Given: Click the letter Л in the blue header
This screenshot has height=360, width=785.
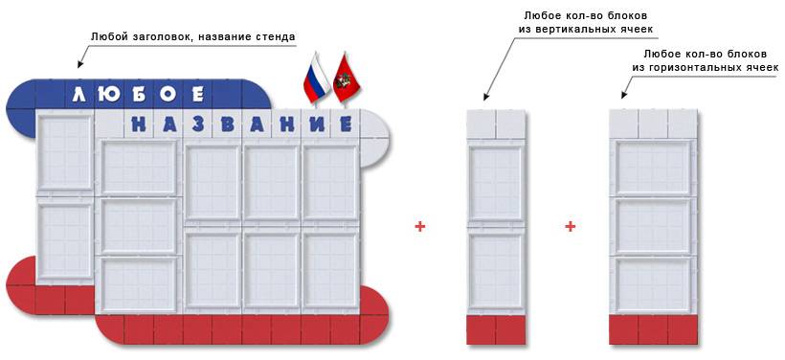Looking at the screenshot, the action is click(80, 95).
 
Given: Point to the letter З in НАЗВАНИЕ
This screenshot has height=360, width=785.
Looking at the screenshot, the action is click(197, 124).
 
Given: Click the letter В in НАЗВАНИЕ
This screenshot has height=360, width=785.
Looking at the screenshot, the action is click(226, 124).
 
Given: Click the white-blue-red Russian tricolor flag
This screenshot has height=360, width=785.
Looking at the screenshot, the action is click(316, 79).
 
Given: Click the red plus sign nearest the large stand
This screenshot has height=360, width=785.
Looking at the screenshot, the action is click(419, 227).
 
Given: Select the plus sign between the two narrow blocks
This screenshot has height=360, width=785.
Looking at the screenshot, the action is click(570, 227).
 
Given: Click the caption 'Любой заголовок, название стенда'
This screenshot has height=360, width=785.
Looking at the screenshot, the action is click(192, 36).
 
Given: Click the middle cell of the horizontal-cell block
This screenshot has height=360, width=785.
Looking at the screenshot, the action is click(653, 227).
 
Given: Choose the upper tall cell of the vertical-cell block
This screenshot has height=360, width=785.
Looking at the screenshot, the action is click(495, 182).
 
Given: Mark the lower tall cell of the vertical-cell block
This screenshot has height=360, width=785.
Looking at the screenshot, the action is click(495, 270).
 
